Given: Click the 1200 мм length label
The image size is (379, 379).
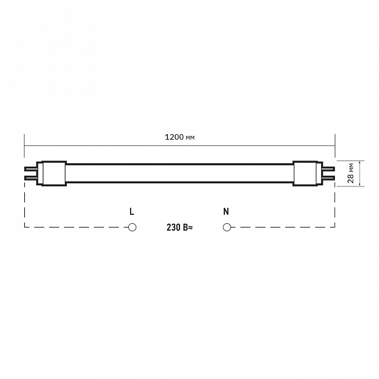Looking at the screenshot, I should point(180,137).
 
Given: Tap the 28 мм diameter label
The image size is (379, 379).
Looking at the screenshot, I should point(351,173).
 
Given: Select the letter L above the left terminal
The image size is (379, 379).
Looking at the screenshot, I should point(132,212).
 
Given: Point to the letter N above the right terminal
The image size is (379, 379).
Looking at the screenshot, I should point(226,212).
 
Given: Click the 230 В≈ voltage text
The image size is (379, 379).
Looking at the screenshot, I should point(179,227).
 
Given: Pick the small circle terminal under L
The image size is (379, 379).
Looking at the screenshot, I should point(132,227).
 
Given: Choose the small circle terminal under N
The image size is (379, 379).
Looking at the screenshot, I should point(227,227).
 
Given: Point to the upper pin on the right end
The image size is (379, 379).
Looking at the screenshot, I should point(327,169).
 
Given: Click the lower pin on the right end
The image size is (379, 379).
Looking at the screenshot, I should point(327,177).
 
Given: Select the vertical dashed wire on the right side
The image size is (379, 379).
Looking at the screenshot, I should point(335,208).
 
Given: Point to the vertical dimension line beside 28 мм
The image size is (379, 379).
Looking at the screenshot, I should point(360,173).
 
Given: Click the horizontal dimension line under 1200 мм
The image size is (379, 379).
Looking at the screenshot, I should point(105,145).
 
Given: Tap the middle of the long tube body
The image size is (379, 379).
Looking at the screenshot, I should point(179,173).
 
